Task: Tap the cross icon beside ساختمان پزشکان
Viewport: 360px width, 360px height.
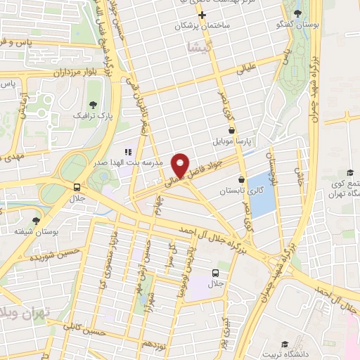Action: tap(202, 15)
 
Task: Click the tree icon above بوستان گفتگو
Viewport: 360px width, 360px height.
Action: tap(298, 13)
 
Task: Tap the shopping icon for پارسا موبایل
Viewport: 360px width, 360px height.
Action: tap(232, 130)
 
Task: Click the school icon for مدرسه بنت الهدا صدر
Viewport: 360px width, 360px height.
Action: tap(127, 152)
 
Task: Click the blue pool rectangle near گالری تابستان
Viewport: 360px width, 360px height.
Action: tap(262, 193)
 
